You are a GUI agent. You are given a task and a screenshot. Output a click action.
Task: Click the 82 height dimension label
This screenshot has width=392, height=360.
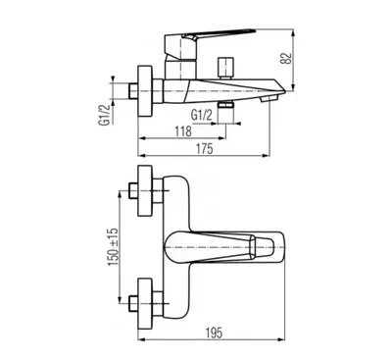pyautogui.click(x=286, y=58)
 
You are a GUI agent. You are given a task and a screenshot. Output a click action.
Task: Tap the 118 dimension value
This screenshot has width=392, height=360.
pyautogui.click(x=183, y=131)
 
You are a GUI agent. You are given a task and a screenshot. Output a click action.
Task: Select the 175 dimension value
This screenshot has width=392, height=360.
pyautogui.click(x=206, y=148)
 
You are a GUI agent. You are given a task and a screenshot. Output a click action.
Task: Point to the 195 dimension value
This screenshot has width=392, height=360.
pyautogui.click(x=214, y=333)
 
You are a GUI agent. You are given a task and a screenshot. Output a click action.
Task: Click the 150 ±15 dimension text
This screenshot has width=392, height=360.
pyautogui.click(x=114, y=247)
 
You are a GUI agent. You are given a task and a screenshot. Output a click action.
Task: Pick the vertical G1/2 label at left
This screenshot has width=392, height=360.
pyautogui.click(x=105, y=115)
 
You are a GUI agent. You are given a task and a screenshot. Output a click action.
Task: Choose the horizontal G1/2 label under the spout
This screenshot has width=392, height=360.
pyautogui.click(x=202, y=115)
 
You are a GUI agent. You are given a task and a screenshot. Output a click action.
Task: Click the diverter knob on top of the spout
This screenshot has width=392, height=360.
pyautogui.click(x=226, y=68)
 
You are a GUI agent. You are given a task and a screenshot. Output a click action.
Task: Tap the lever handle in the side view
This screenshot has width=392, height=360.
pyautogui.click(x=209, y=36)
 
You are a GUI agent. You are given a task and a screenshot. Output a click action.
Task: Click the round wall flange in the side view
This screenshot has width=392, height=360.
pyautogui.click(x=145, y=91)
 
